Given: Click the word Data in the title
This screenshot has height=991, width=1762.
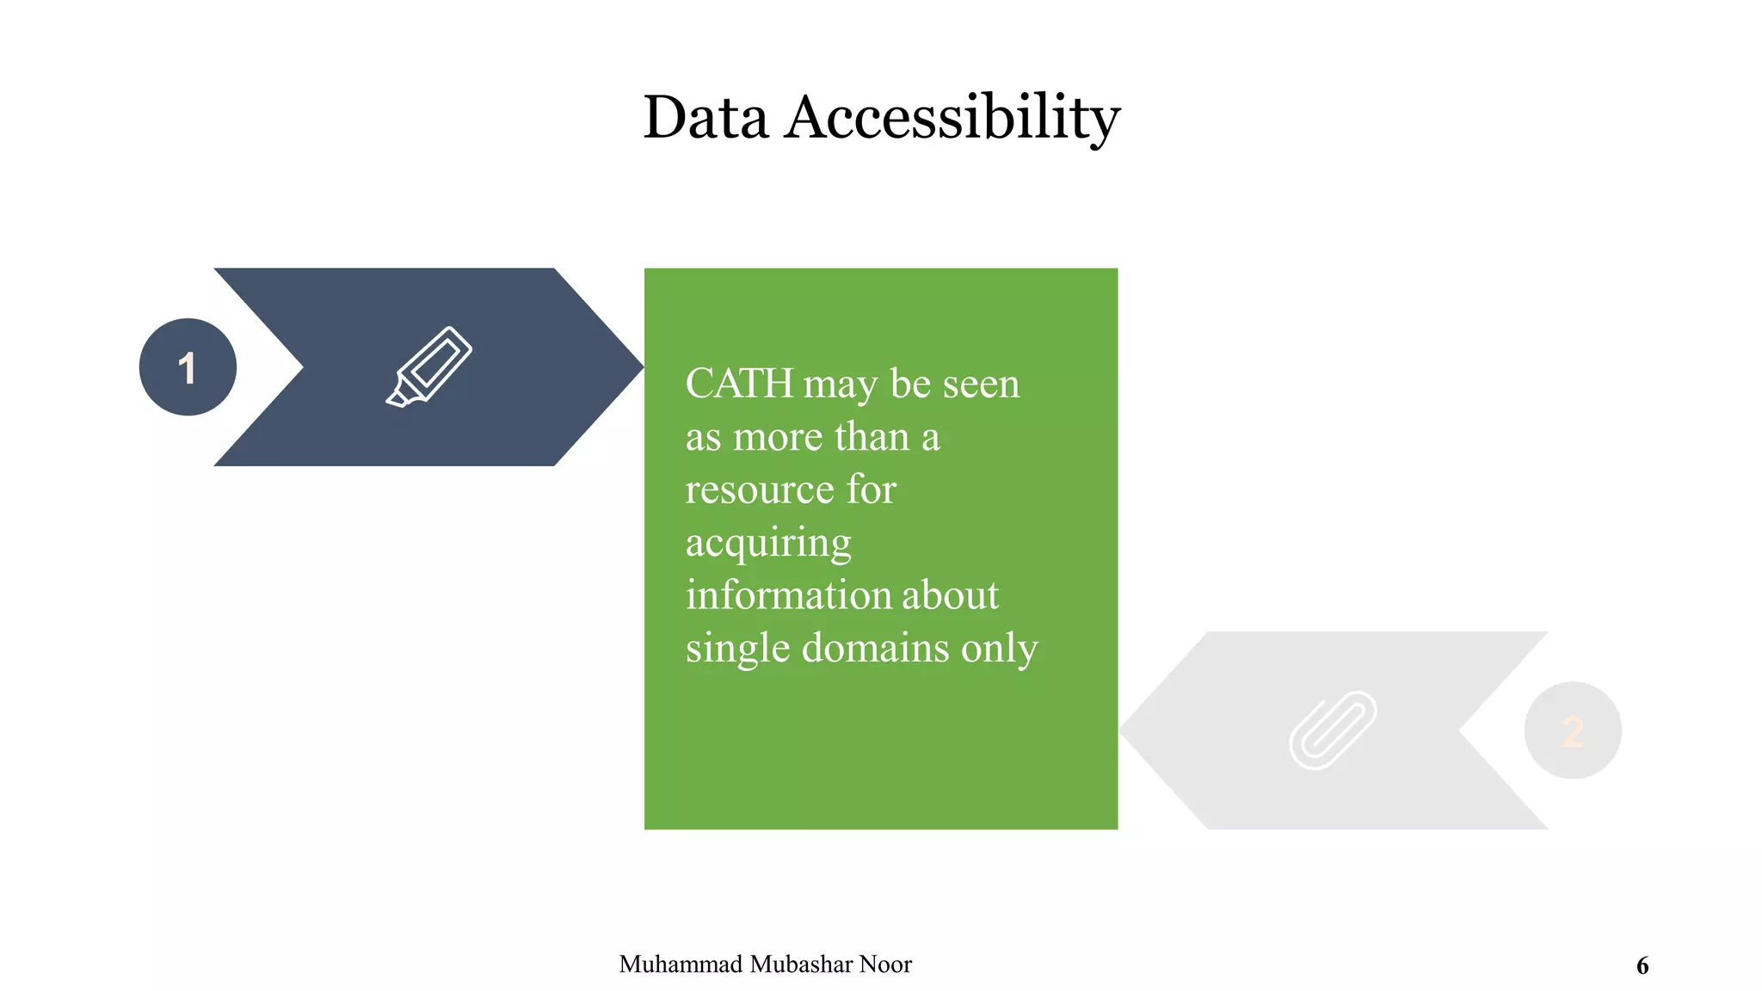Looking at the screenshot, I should [x=705, y=117].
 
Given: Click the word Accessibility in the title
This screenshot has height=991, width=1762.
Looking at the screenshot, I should [x=952, y=117].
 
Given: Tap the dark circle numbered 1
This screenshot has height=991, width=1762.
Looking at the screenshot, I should [x=188, y=367].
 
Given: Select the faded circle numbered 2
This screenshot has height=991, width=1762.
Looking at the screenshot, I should [x=1573, y=730].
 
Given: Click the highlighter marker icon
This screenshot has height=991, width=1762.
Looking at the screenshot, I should [x=428, y=366].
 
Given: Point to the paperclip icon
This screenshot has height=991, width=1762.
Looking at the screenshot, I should [x=1332, y=729].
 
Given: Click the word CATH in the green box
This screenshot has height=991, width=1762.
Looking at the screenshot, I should [x=739, y=384].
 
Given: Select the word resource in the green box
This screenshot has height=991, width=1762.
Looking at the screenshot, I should [x=760, y=489].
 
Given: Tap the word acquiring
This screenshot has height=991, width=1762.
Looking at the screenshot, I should [x=768, y=544].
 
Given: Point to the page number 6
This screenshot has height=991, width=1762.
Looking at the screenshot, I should [x=1642, y=966].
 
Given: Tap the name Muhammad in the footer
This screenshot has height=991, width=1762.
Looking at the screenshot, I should [x=681, y=964].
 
